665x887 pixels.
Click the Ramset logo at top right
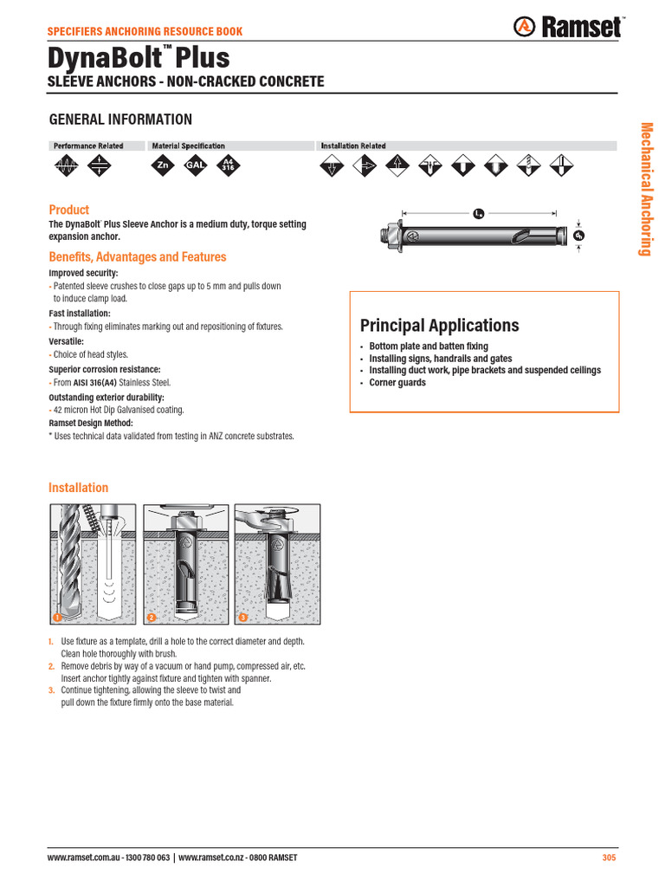[570, 28]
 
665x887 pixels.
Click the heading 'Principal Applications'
[439, 326]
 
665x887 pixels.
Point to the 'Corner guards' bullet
[397, 383]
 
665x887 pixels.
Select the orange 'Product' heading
[69, 210]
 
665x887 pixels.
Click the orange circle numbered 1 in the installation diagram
[56, 618]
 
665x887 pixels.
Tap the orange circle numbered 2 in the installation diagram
[151, 618]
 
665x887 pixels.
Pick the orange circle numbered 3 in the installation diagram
[243, 618]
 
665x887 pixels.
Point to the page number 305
[609, 858]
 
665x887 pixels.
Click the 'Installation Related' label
[353, 146]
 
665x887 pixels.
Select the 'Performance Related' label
[88, 146]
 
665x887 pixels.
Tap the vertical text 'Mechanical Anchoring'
[645, 189]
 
